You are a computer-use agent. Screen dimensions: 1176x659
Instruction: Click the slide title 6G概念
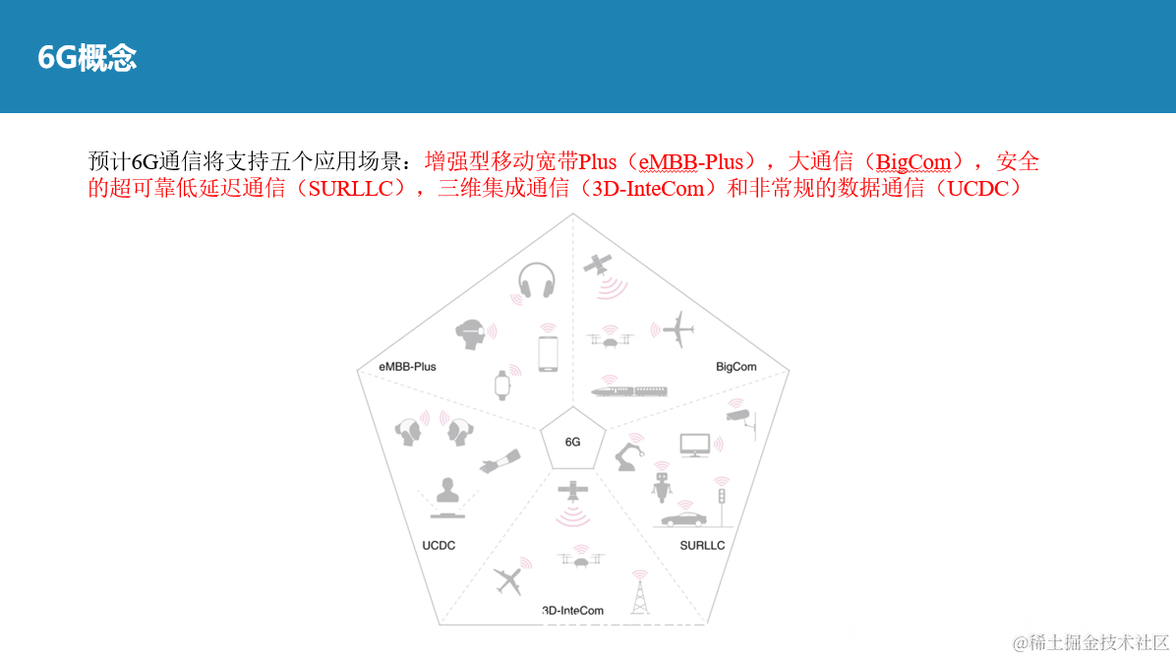coord(87,58)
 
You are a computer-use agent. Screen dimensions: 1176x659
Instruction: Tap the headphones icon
coord(536,281)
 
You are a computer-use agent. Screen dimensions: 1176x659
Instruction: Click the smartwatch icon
coord(502,384)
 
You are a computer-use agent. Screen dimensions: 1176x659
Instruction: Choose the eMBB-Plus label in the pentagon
coord(407,367)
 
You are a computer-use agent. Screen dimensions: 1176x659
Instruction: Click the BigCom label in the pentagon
coord(736,367)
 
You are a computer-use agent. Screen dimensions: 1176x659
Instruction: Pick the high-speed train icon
coord(630,390)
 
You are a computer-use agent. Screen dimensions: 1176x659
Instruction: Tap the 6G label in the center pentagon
coord(572,442)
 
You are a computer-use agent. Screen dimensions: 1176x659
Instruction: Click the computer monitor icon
coord(695,446)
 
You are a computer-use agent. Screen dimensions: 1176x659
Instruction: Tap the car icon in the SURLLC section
coord(682,517)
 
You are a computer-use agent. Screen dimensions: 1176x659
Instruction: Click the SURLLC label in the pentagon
coord(702,545)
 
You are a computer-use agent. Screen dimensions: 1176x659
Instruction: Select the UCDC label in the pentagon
coord(439,545)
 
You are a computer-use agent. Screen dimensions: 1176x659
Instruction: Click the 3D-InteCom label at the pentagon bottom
coord(572,611)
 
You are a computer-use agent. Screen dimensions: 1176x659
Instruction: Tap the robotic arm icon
coord(628,455)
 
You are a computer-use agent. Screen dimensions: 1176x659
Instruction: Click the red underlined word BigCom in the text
coord(913,162)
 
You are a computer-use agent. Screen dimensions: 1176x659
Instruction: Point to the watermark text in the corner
coord(1090,643)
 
